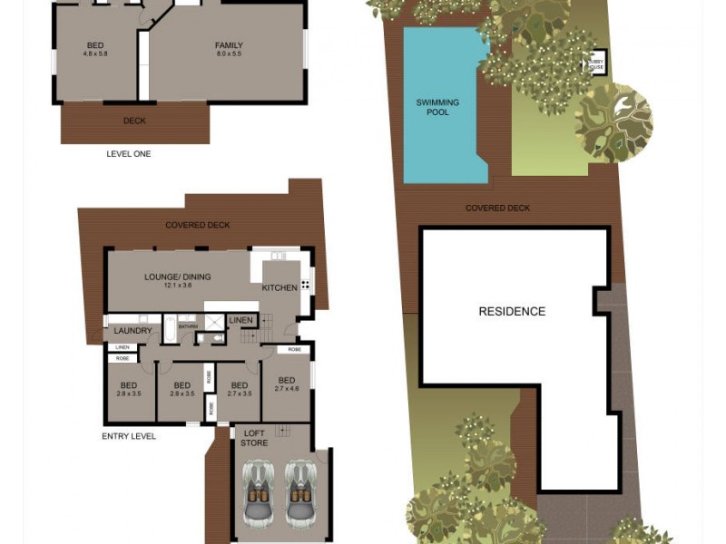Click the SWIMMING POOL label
(x=437, y=107)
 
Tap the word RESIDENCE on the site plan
(x=512, y=311)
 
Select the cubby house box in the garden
(x=597, y=63)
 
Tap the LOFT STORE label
(x=255, y=438)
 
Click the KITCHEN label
(x=280, y=287)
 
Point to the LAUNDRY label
(x=132, y=331)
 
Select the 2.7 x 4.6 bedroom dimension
(x=286, y=389)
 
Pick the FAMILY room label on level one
(x=229, y=45)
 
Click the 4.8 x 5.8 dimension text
(x=95, y=54)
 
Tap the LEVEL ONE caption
(x=129, y=154)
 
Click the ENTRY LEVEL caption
(x=129, y=436)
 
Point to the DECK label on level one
(x=134, y=121)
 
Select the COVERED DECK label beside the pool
(x=497, y=208)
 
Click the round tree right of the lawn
(x=613, y=123)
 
